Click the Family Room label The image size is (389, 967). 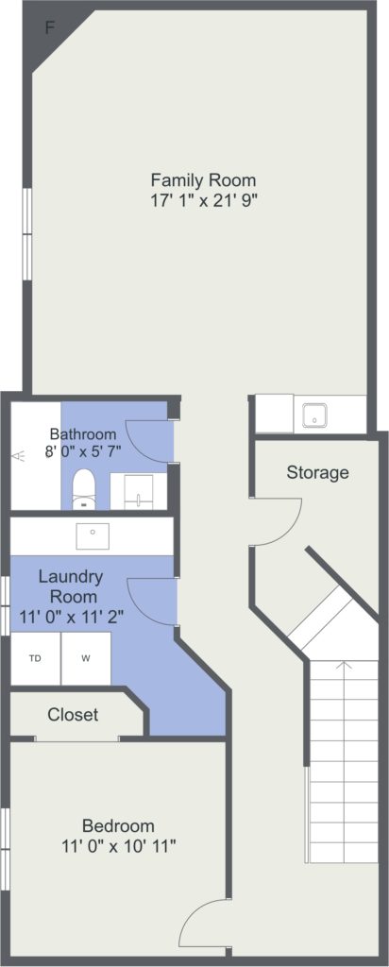(x=203, y=180)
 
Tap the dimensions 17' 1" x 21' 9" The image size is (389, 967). (x=203, y=200)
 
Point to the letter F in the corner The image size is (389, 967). (x=51, y=27)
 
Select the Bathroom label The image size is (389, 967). (x=83, y=433)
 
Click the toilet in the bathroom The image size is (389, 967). (x=82, y=490)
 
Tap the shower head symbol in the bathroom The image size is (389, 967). (x=20, y=456)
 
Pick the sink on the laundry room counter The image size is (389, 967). (x=93, y=535)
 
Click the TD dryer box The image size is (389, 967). (x=36, y=658)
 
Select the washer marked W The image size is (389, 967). (x=86, y=658)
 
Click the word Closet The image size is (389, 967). (x=73, y=715)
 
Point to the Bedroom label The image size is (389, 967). (x=118, y=825)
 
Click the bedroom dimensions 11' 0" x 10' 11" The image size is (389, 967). (x=119, y=845)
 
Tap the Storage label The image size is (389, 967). (x=317, y=473)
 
